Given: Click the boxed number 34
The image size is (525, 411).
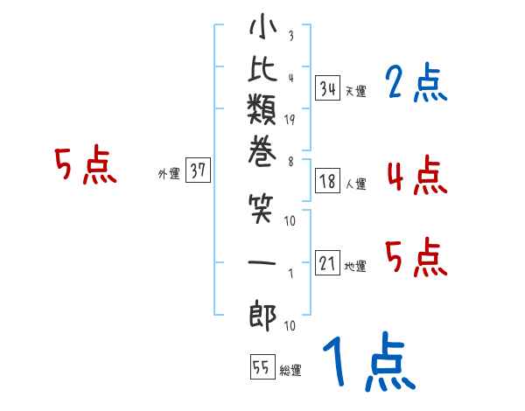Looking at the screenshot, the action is pyautogui.click(x=328, y=89).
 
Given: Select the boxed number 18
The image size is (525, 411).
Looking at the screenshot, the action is pyautogui.click(x=328, y=182).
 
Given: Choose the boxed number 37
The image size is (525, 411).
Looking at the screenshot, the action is pyautogui.click(x=198, y=171).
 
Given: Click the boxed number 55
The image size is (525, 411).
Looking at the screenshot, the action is pyautogui.click(x=261, y=368).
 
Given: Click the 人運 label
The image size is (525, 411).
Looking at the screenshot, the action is pyautogui.click(x=355, y=185).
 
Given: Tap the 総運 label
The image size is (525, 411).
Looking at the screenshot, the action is pyautogui.click(x=290, y=371).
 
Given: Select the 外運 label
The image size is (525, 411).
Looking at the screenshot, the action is pyautogui.click(x=168, y=174).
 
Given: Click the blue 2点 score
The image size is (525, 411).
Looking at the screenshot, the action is pyautogui.click(x=416, y=84).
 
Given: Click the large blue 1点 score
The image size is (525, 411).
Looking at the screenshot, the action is pyautogui.click(x=367, y=363).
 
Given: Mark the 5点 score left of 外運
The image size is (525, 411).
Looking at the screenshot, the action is pyautogui.click(x=85, y=165).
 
